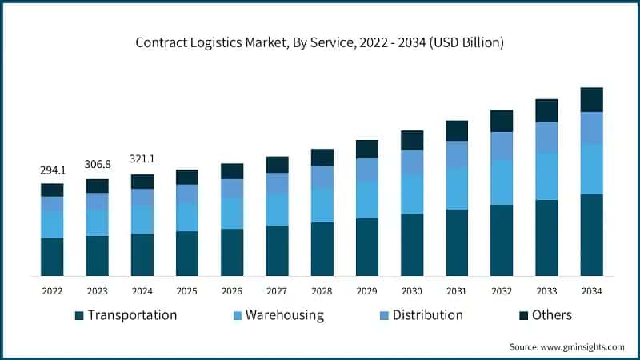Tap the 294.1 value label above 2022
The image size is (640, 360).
point(52,170)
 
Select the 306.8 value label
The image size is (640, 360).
point(97,165)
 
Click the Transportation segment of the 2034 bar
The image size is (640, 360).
point(591,235)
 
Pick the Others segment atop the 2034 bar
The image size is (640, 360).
point(591,100)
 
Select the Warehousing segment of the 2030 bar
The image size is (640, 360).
point(412,194)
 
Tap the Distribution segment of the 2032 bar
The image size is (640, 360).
point(502,146)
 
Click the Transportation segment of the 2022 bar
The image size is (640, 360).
point(52,257)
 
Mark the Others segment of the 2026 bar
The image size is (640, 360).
point(232,171)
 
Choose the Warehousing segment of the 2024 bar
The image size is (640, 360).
point(142,220)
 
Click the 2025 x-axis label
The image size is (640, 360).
point(187,290)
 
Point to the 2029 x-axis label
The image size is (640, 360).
point(367,290)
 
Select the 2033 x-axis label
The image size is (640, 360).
point(546,290)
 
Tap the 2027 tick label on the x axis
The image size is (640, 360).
point(277,290)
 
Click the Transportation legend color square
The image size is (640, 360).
point(78,315)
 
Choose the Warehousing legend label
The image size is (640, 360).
point(284,314)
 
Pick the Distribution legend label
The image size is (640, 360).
point(422,314)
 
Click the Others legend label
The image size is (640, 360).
point(552,314)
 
